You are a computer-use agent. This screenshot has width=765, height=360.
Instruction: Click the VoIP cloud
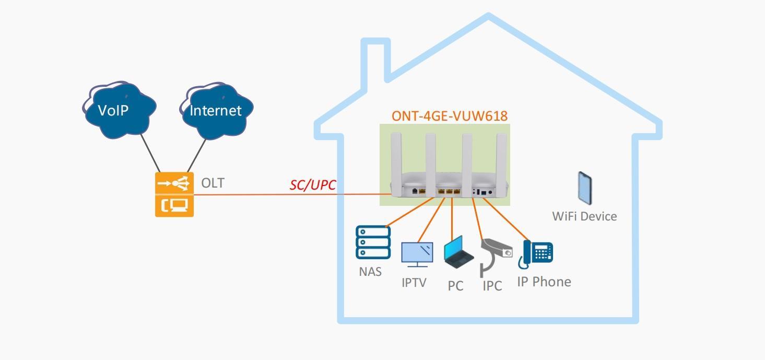pyautogui.click(x=119, y=111)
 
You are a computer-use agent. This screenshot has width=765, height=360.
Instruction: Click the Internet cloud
pyautogui.click(x=216, y=111)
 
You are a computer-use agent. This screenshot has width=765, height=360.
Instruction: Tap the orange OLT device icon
pyautogui.click(x=174, y=194)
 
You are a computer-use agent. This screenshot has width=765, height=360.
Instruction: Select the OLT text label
pyautogui.click(x=213, y=183)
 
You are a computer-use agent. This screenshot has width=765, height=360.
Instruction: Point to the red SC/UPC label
pyautogui.click(x=313, y=185)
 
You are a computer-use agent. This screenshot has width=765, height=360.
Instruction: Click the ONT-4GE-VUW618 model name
pyautogui.click(x=450, y=116)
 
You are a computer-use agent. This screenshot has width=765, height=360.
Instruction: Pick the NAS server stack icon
pyautogui.click(x=373, y=242)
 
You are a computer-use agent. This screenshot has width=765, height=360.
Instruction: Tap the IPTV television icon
pyautogui.click(x=417, y=254)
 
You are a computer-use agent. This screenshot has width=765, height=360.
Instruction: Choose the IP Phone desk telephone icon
pyautogui.click(x=536, y=254)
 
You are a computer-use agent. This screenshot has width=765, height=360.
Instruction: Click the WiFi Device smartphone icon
pyautogui.click(x=585, y=188)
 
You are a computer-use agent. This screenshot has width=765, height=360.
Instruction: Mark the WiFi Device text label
pyautogui.click(x=584, y=216)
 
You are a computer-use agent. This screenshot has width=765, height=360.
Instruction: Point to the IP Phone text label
pyautogui.click(x=544, y=282)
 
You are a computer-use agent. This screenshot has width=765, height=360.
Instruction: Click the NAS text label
pyautogui.click(x=370, y=272)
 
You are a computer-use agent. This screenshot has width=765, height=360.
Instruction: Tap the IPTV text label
pyautogui.click(x=414, y=283)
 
